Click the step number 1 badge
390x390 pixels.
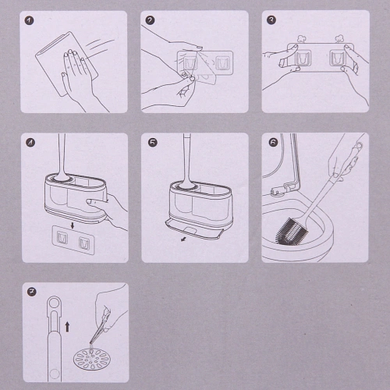[30, 20]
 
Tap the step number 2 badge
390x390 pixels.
[150, 20]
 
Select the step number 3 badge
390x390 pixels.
[271, 20]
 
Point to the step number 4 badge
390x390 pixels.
[30, 143]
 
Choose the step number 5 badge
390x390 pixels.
[153, 143]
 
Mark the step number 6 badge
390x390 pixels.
[273, 142]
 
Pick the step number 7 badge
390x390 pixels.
[32, 292]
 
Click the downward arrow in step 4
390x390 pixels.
[73, 225]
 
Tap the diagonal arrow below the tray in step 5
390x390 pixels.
[184, 239]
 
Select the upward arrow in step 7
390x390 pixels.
[67, 327]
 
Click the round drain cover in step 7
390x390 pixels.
[92, 359]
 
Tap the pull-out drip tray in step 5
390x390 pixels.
[194, 229]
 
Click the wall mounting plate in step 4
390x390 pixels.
[73, 240]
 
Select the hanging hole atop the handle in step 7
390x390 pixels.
[55, 303]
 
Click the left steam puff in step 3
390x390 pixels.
[302, 39]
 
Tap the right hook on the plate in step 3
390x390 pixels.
[337, 58]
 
